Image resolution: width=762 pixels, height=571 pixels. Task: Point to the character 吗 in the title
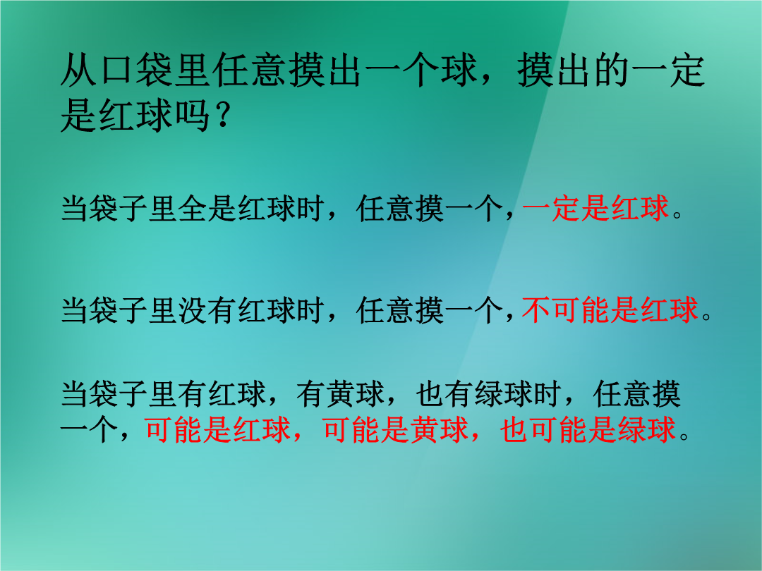[x=192, y=116]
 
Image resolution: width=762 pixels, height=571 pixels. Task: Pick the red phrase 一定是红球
[x=595, y=209]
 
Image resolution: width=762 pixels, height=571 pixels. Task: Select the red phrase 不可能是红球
[x=610, y=310]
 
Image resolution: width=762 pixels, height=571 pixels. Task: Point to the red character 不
[x=536, y=310]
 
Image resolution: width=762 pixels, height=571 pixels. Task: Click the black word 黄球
[x=355, y=394]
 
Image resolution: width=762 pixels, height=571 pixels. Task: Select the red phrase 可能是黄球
[x=395, y=429]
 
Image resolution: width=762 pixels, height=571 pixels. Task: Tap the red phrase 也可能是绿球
[x=588, y=429]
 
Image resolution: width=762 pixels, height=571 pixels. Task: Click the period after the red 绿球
[x=684, y=436]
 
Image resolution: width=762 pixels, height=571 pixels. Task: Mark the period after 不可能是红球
[x=706, y=317]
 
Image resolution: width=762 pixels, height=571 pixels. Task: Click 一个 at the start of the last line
[x=90, y=429]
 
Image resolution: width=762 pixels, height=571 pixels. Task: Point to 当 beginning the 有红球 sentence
[x=75, y=394]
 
